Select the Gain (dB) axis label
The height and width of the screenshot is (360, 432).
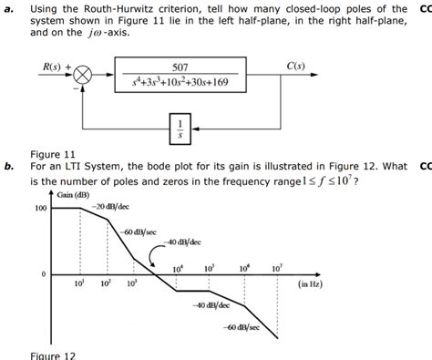[73, 195]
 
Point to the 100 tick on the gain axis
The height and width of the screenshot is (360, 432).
[39, 209]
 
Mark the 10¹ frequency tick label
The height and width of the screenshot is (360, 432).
[78, 283]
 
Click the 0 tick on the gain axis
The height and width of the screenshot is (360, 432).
[42, 273]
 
